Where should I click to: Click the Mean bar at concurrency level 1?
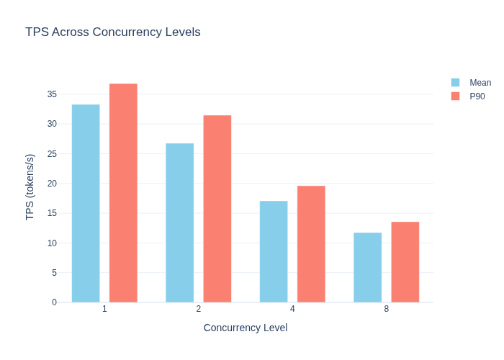(86, 204)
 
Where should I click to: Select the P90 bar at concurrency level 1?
(123, 193)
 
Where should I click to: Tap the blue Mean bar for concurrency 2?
(180, 222)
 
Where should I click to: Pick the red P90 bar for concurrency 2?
(217, 209)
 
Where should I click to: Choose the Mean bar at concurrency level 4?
(274, 252)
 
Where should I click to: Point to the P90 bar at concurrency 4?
(311, 244)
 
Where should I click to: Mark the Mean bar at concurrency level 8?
(368, 267)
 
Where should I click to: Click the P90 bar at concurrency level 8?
(405, 262)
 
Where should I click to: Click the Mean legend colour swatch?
(456, 83)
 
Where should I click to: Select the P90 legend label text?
(477, 96)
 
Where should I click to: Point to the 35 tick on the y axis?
(52, 94)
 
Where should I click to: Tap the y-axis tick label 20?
(52, 184)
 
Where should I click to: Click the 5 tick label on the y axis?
(54, 273)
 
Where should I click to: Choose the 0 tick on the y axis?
(54, 302)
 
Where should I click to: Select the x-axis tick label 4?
(292, 309)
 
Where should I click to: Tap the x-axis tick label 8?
(387, 309)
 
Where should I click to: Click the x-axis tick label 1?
(104, 309)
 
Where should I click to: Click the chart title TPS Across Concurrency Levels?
(113, 32)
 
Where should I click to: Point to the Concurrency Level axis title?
(246, 328)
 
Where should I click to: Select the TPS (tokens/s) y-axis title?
(30, 187)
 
